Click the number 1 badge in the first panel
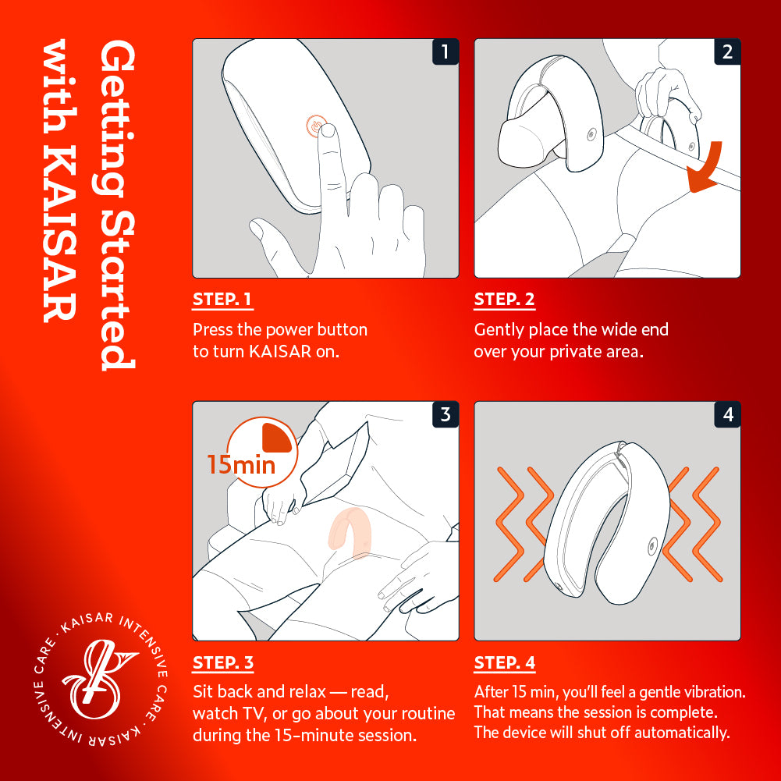coord(445,52)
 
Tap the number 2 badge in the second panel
coord(727,52)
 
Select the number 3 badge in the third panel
coord(445,414)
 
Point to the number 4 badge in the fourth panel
coord(727,414)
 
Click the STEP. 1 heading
coord(222,300)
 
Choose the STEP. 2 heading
coord(504,300)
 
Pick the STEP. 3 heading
coord(222,663)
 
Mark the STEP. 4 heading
coord(505,663)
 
